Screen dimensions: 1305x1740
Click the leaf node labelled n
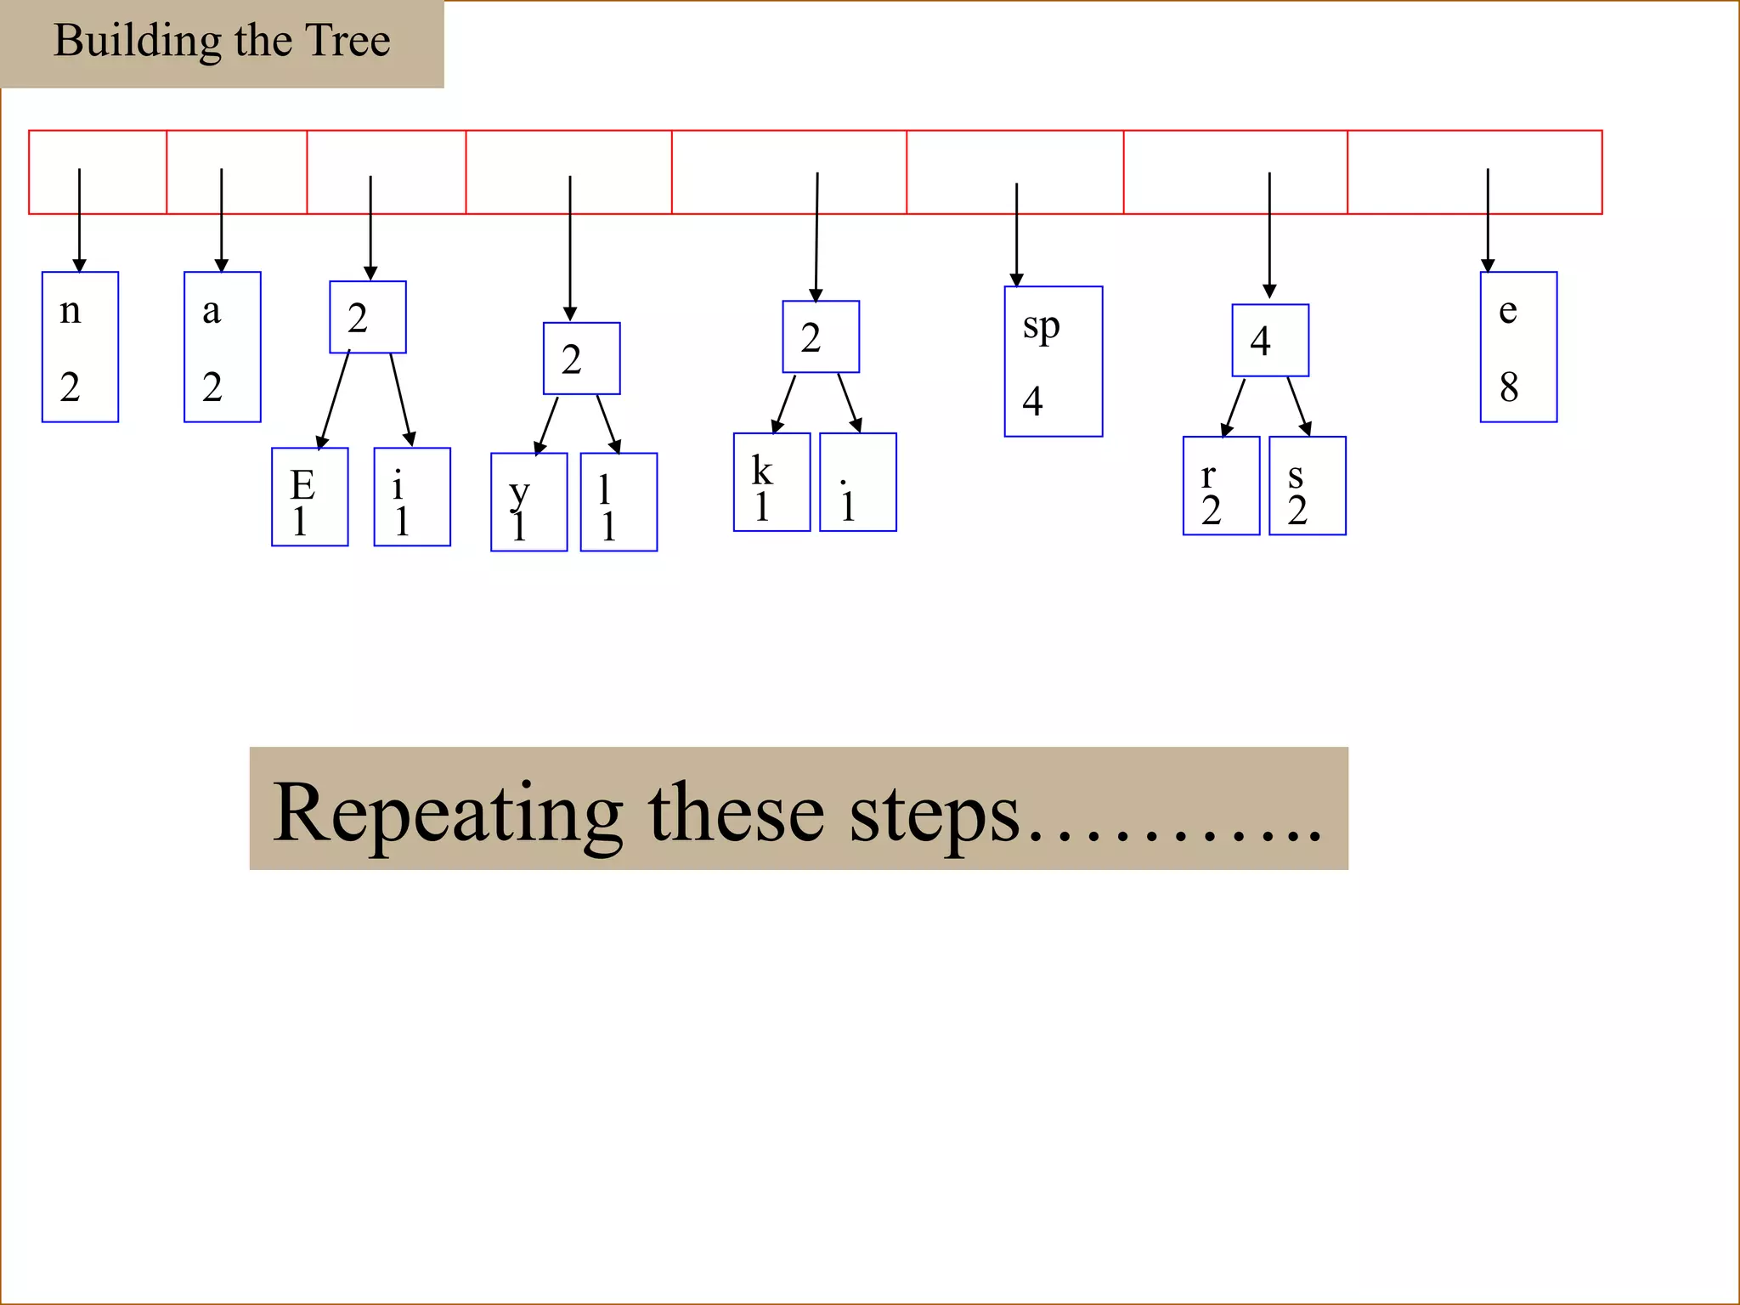pyautogui.click(x=80, y=347)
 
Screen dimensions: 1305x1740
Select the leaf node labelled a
pyautogui.click(x=222, y=347)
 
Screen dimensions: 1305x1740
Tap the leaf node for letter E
pyautogui.click(x=309, y=497)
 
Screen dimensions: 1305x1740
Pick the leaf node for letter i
pyautogui.click(x=412, y=497)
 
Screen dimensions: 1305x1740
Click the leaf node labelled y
pyautogui.click(x=528, y=502)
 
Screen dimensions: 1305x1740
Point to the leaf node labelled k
pyautogui.click(x=771, y=483)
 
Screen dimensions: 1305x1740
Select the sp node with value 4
pyautogui.click(x=1053, y=362)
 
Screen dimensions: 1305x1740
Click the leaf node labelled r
pyautogui.click(x=1221, y=486)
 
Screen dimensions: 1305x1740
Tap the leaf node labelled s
pyautogui.click(x=1307, y=486)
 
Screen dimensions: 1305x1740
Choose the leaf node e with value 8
pyautogui.click(x=1518, y=347)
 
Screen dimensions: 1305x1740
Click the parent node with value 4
pyautogui.click(x=1270, y=340)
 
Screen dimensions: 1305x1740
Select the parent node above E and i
pyautogui.click(x=368, y=317)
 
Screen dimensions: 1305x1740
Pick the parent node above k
pyautogui.click(x=821, y=336)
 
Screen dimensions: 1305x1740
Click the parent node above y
pyautogui.click(x=581, y=359)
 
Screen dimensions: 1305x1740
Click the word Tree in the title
pyautogui.click(x=347, y=40)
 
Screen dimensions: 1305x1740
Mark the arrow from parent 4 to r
pyautogui.click(x=1234, y=407)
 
